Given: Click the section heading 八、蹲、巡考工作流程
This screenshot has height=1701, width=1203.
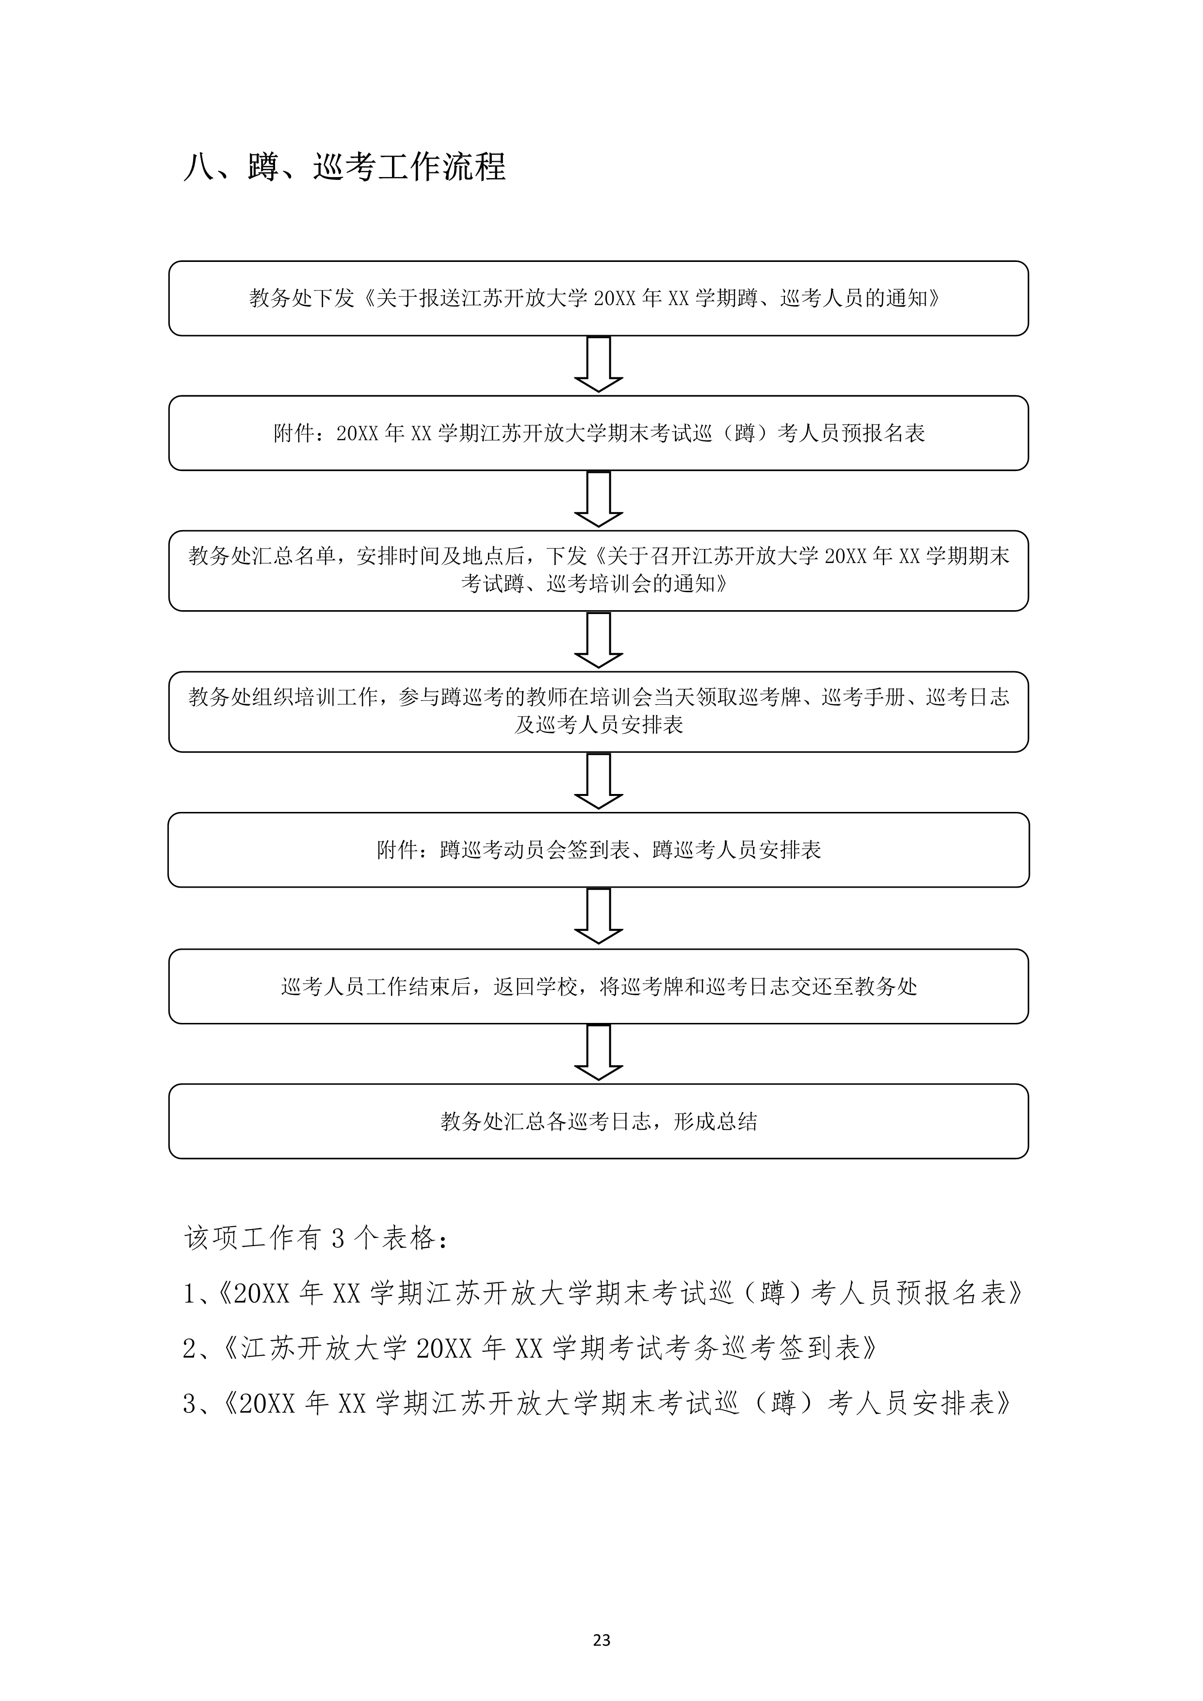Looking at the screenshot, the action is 344,167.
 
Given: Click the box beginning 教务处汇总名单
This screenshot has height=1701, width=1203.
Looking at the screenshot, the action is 599,570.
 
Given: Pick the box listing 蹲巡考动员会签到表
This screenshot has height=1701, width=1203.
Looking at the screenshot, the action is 599,850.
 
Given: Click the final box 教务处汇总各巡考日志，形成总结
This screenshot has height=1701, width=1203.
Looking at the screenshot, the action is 599,1122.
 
